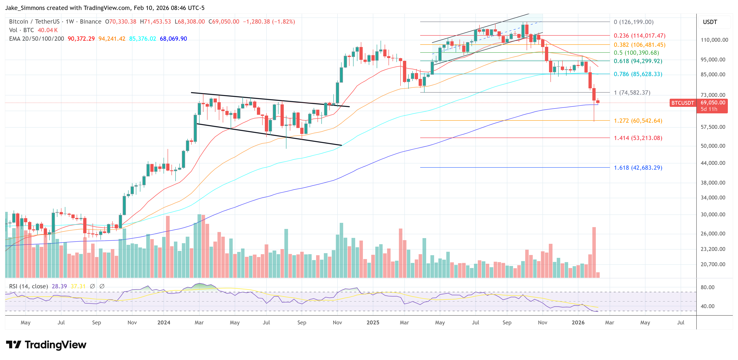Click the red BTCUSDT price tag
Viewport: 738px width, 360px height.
[682, 103]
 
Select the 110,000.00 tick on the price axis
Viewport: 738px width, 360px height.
[714, 40]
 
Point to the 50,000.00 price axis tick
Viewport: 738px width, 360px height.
[713, 146]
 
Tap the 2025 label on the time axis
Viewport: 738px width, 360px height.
[373, 322]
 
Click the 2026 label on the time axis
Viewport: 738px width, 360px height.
[578, 322]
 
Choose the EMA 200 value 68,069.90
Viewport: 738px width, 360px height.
[173, 39]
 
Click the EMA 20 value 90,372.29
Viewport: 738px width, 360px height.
[81, 39]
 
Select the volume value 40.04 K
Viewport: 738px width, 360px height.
[48, 30]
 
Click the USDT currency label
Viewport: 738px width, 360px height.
[710, 22]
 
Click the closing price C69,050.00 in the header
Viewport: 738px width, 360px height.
[224, 22]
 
